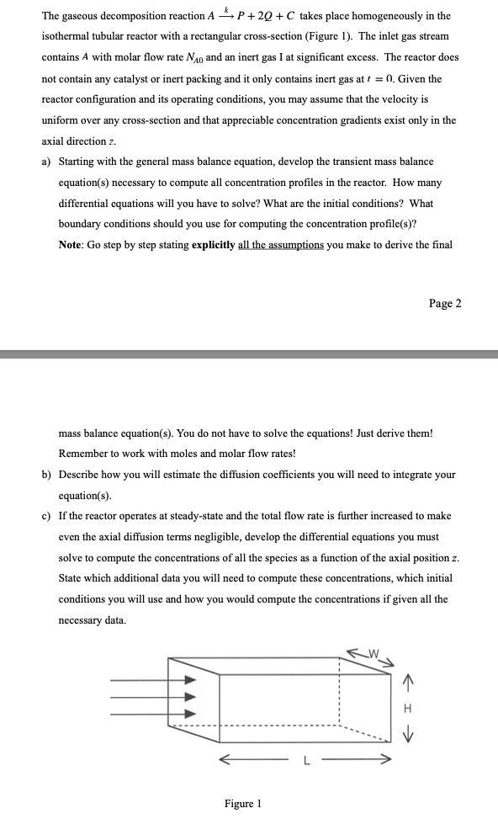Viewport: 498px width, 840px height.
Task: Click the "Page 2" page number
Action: tap(445, 304)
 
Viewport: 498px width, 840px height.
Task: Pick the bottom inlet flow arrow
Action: tap(156, 715)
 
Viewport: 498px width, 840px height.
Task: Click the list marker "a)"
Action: tap(47, 161)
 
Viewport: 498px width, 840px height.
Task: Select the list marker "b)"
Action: tap(47, 475)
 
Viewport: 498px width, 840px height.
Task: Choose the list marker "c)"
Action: tap(47, 516)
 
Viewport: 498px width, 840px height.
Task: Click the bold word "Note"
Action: tap(72, 245)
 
